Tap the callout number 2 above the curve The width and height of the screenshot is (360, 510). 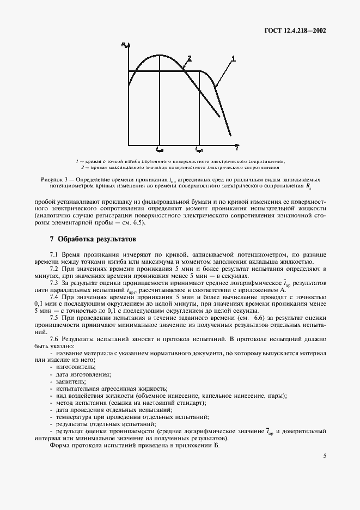coord(189,58)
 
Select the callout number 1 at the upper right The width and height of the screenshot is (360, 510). coord(234,58)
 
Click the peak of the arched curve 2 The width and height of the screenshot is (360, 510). coord(160,55)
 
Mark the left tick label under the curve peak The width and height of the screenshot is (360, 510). coord(160,149)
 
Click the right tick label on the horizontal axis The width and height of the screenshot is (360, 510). coord(199,149)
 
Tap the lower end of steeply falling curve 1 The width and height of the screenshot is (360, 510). coord(230,135)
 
